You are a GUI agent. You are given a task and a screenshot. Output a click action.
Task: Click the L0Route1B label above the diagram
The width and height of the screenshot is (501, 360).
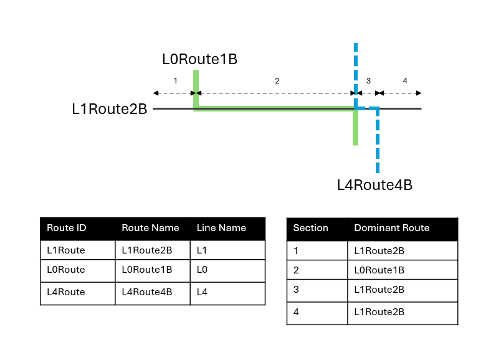[199, 60]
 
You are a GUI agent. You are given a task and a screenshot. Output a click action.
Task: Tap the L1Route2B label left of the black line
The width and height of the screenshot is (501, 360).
[109, 110]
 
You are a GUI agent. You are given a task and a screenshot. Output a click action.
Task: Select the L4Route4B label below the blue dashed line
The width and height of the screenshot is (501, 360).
[375, 185]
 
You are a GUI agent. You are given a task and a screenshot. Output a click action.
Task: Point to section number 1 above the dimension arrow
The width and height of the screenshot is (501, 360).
[175, 81]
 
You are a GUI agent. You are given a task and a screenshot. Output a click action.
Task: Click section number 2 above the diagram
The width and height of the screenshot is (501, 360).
[277, 81]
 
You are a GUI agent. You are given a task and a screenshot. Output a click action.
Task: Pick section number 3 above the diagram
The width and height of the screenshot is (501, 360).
[368, 81]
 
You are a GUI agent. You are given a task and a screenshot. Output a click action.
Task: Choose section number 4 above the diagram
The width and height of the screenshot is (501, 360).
[405, 81]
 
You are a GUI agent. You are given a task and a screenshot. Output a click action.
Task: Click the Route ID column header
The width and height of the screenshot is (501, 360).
[66, 228]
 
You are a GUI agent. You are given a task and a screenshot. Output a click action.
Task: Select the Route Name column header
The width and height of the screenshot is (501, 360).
[150, 228]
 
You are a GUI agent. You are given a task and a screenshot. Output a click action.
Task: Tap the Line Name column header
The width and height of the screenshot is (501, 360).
[221, 228]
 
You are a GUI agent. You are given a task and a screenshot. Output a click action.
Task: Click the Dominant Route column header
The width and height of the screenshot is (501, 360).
[391, 228]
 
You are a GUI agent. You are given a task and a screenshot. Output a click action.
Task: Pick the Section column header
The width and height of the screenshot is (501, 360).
[310, 228]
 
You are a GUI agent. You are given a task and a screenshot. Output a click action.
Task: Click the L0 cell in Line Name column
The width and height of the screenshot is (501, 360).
[203, 270]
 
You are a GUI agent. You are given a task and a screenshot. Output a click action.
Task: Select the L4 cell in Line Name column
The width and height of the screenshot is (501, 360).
[203, 291]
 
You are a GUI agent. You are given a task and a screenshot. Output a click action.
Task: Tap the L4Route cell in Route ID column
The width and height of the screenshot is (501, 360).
[66, 291]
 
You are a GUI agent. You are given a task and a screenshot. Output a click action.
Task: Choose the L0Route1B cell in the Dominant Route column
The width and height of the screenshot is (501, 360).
[379, 270]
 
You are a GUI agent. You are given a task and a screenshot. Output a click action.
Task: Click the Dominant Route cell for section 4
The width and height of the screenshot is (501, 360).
[379, 311]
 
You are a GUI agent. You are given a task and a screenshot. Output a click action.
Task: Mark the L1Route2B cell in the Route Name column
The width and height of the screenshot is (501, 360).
[146, 250]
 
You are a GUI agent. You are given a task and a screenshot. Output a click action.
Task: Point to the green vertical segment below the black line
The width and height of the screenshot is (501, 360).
[355, 128]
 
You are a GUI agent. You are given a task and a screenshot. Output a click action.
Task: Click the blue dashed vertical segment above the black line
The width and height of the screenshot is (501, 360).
[355, 69]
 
